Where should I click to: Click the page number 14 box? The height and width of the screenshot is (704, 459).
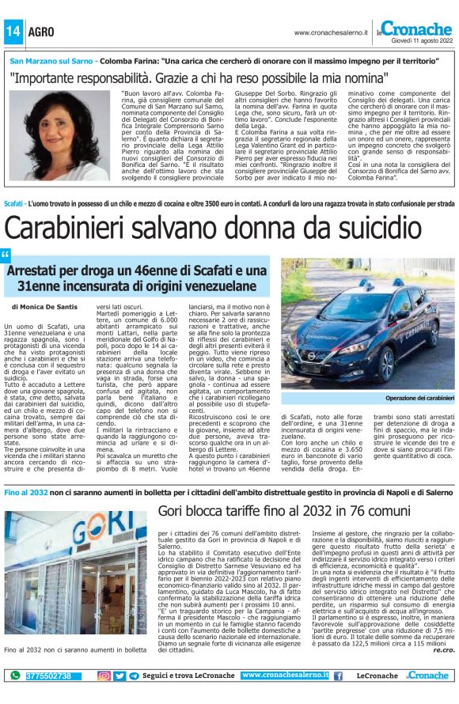pyautogui.click(x=13, y=32)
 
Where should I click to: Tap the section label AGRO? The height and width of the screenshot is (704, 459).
pyautogui.click(x=41, y=32)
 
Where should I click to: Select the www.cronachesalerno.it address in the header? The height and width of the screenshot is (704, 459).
pyautogui.click(x=330, y=32)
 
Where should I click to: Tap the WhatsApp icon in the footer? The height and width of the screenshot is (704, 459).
pyautogui.click(x=14, y=676)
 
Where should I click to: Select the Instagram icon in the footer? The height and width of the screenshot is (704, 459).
pyautogui.click(x=104, y=676)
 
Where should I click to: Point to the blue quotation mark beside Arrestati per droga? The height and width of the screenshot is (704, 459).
pyautogui.click(x=6, y=255)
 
